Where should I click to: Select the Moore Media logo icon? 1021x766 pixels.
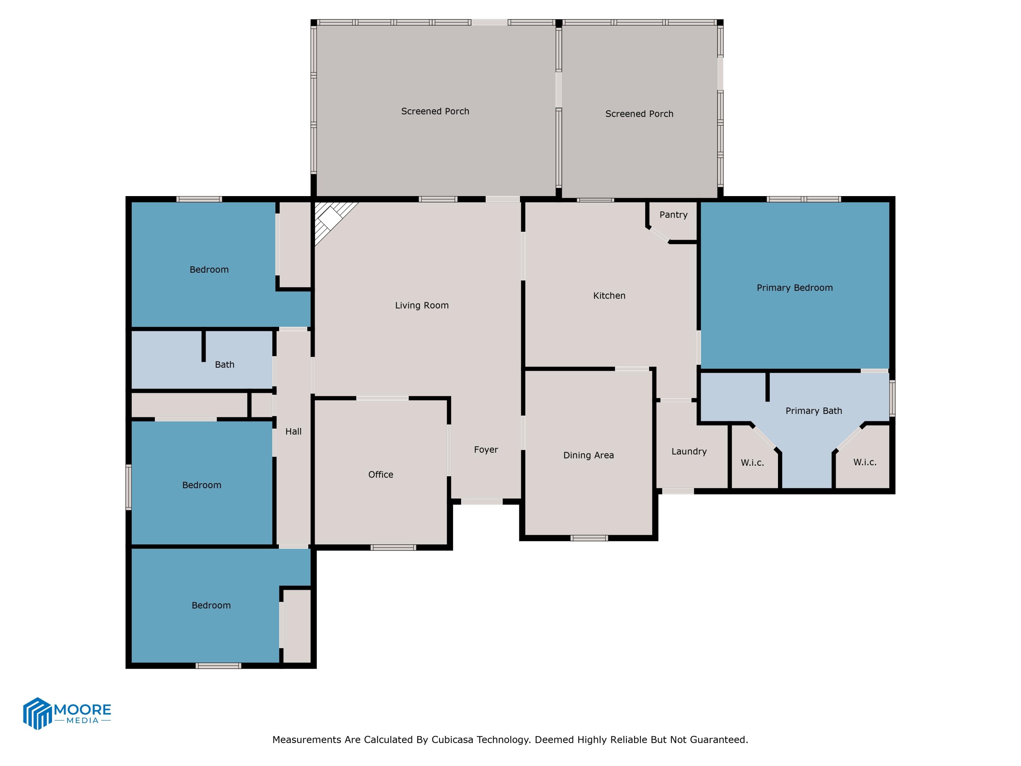[x=37, y=713]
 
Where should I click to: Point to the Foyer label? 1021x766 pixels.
[x=486, y=450]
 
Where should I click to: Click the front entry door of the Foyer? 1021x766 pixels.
[x=482, y=501]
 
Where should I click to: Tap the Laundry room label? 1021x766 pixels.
[x=689, y=451]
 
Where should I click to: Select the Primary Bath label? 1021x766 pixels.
[x=813, y=411]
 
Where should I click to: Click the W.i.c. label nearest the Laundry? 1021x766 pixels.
[x=752, y=463]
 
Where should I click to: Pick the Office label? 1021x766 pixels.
[x=380, y=475]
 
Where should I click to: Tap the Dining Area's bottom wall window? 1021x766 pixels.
[x=589, y=538]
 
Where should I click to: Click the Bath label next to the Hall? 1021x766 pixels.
[x=224, y=365]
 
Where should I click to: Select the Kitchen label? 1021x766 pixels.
[x=609, y=296]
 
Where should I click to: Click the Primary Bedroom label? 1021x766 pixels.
[x=794, y=288]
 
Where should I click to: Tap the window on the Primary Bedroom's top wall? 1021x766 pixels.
[x=803, y=199]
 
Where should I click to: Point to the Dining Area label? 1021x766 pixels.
[x=588, y=455]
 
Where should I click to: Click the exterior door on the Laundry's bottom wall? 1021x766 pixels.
[x=678, y=491]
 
